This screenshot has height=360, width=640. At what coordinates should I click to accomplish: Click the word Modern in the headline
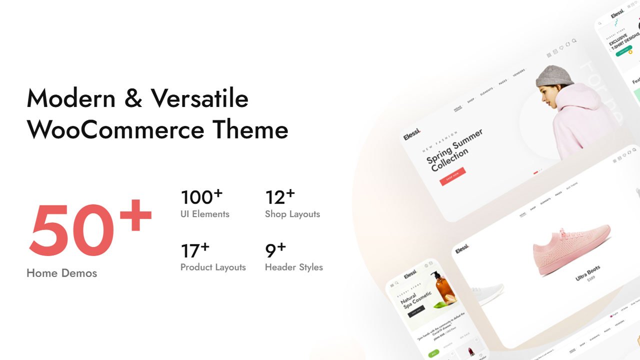(71, 98)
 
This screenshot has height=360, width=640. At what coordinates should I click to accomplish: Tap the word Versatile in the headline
(199, 98)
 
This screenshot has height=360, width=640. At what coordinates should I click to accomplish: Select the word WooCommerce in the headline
(115, 129)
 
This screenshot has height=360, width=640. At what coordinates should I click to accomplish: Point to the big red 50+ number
(90, 227)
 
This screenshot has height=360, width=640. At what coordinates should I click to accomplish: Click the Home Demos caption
(61, 273)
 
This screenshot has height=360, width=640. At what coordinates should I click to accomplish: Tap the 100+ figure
(201, 197)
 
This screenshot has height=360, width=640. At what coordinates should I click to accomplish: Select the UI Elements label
(204, 214)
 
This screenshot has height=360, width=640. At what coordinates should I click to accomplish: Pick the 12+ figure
(279, 197)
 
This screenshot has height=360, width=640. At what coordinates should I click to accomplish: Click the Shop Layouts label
(292, 214)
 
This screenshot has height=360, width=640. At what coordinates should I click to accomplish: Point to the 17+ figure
(194, 250)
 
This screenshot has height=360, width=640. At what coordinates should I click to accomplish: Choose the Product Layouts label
(213, 267)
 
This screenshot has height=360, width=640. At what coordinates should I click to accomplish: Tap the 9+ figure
(275, 250)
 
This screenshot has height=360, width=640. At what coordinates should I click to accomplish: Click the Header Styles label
(293, 267)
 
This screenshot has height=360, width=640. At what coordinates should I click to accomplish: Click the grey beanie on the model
(554, 76)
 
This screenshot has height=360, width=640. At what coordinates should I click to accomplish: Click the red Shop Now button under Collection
(452, 176)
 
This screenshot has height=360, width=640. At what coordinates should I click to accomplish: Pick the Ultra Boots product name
(588, 273)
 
